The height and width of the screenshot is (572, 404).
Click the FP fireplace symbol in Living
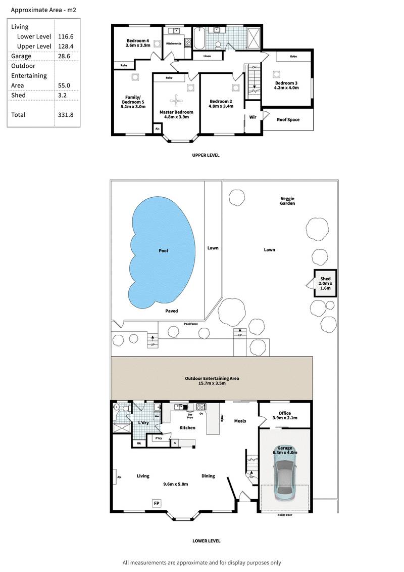click(157, 503)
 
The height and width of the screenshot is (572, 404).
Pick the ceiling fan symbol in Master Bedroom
click(176, 99)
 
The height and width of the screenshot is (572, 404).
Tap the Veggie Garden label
click(287, 200)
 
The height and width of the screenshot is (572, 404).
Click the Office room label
click(284, 413)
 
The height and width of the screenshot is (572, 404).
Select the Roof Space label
click(288, 120)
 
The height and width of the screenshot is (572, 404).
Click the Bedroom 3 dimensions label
click(286, 87)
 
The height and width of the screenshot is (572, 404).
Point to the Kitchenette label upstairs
click(174, 43)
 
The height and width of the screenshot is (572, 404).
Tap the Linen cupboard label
click(207, 56)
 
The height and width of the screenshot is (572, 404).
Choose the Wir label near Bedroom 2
click(253, 117)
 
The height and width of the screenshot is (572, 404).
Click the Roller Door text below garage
click(284, 514)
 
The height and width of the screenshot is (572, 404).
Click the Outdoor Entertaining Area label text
click(212, 378)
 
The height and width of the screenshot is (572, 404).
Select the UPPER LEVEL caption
click(206, 155)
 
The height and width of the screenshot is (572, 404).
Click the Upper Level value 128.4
click(65, 46)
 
